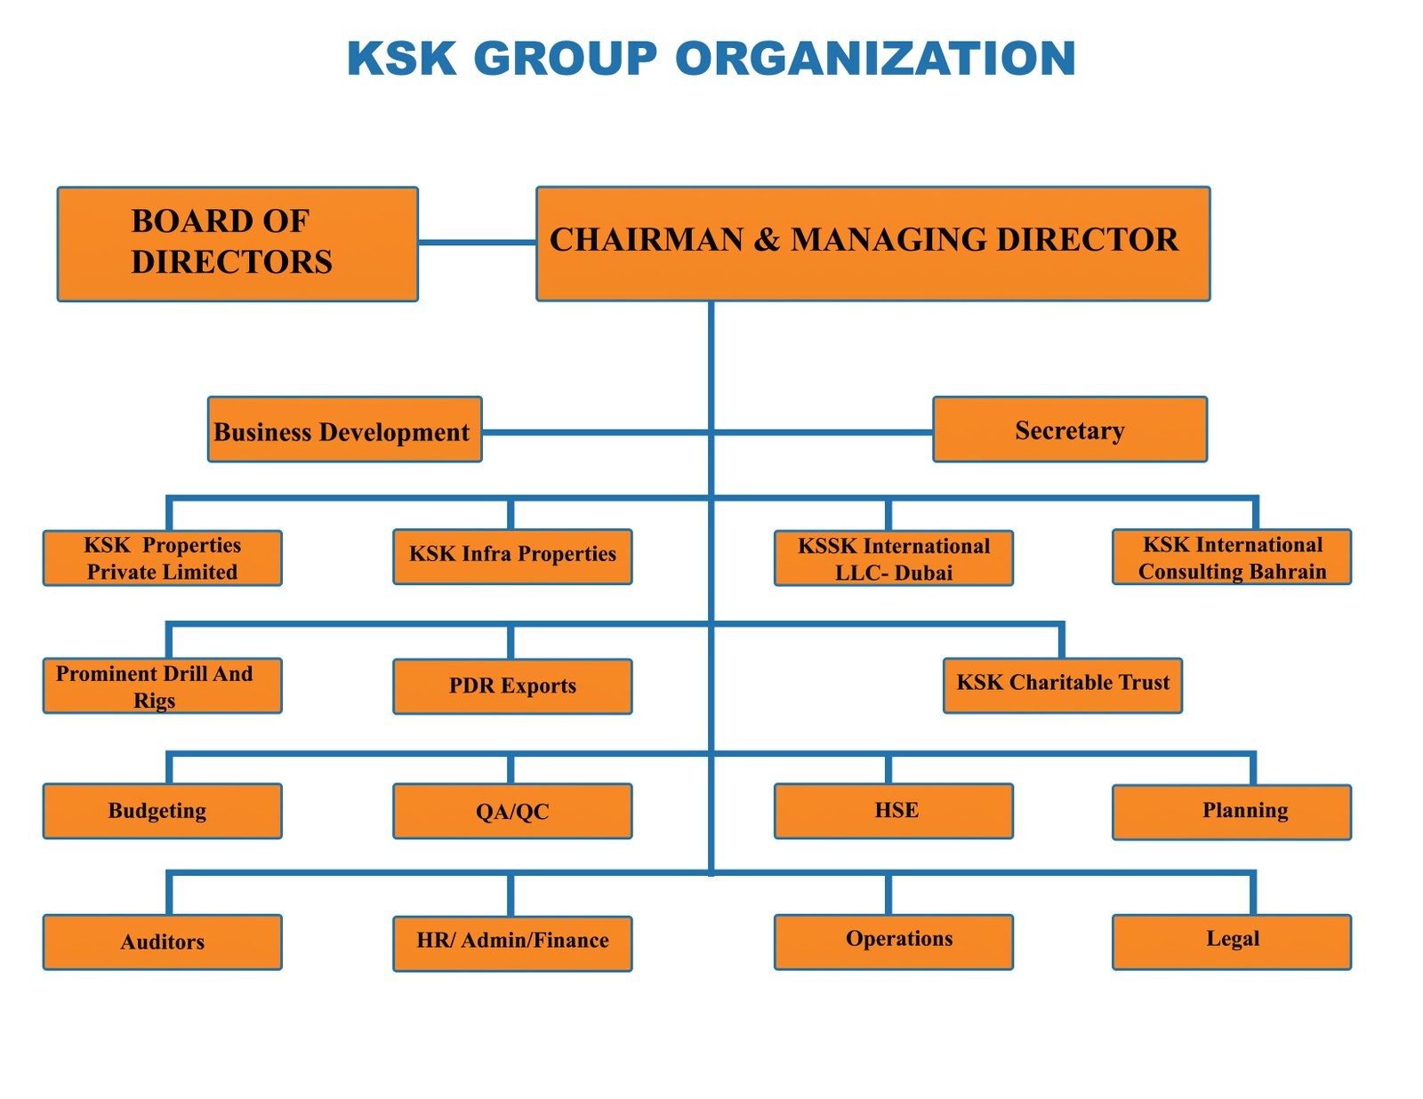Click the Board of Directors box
point(237,244)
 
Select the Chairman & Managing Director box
point(872,244)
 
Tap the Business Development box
point(344,429)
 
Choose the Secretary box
point(1069,429)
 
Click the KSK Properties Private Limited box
point(163,558)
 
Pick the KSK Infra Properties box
point(512,557)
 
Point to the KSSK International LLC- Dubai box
point(893,558)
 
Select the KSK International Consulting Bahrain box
point(1231,557)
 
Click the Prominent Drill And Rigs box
point(163,686)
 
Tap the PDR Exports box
point(512,686)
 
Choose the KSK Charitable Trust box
point(1062,686)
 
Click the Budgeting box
point(163,811)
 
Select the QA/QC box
point(512,811)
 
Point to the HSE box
point(893,811)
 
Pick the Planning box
point(1231,812)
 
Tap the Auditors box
point(163,942)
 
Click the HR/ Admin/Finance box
point(512,943)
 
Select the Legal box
point(1231,942)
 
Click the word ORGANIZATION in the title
point(875,59)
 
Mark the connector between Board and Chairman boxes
point(477,242)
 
